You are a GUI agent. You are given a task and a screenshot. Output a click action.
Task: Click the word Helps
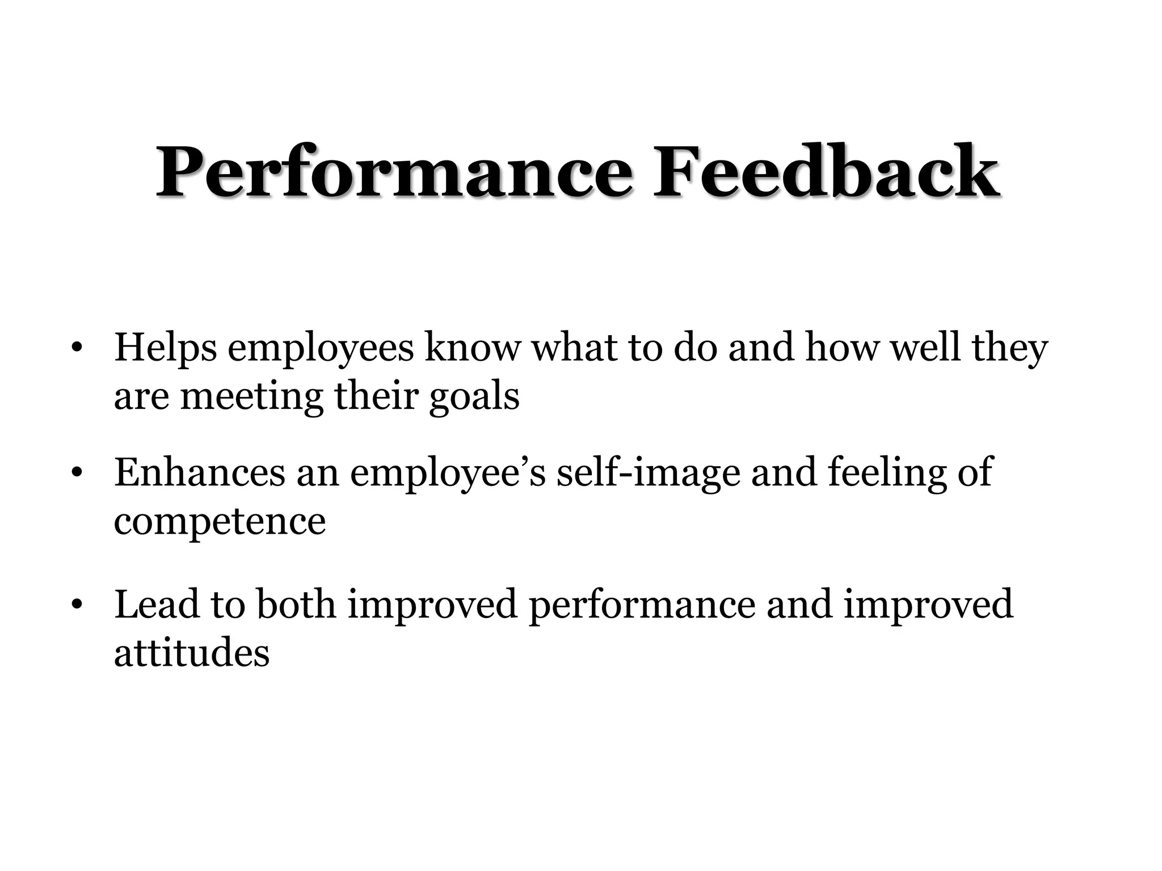[x=165, y=348]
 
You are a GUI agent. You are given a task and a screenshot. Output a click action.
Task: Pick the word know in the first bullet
[x=472, y=348]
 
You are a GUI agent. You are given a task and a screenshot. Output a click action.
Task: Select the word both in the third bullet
[x=296, y=604]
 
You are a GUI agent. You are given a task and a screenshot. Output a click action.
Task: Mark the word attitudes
[x=191, y=653]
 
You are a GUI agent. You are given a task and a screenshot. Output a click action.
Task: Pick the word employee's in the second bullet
[x=448, y=473]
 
